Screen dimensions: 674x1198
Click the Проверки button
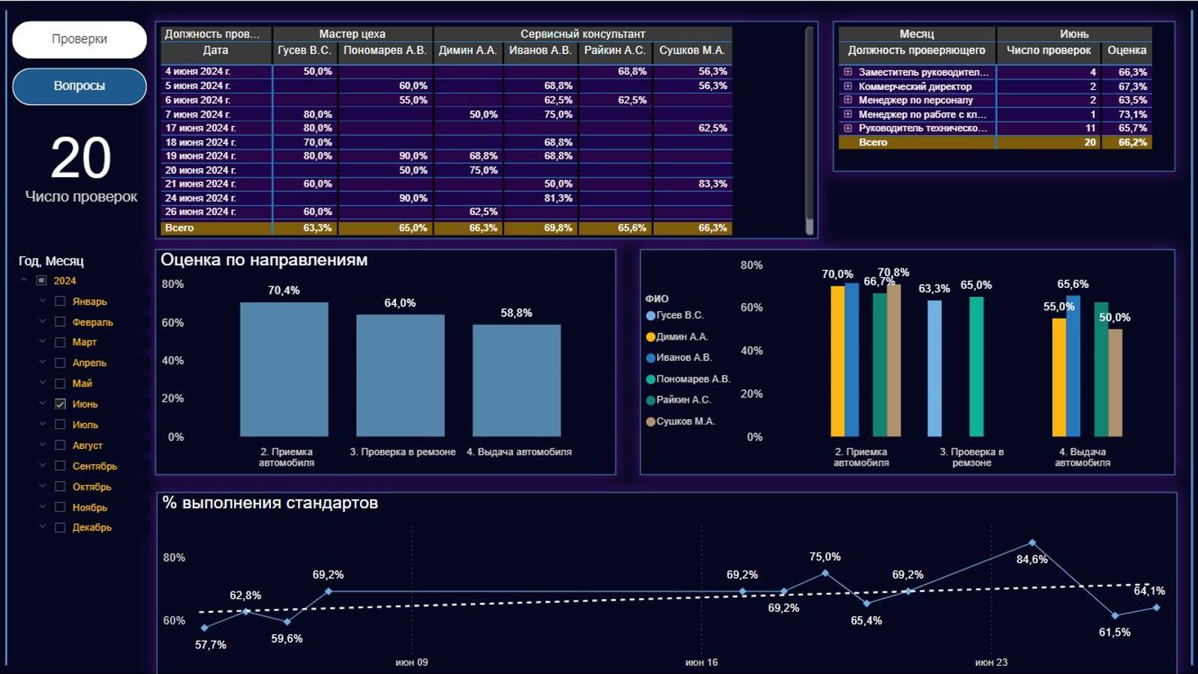(80, 39)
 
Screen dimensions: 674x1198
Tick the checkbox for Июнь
(61, 404)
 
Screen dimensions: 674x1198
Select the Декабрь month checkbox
(61, 528)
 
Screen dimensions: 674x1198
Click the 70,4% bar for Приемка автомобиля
(284, 369)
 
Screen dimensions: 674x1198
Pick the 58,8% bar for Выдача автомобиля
(516, 380)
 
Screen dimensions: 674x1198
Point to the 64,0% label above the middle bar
(400, 303)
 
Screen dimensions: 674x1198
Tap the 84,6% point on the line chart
(1032, 542)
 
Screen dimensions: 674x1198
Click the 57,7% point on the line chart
(205, 628)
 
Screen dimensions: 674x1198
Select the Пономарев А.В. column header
(385, 50)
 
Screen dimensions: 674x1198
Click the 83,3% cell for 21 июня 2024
(711, 184)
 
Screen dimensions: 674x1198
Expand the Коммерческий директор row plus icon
(848, 86)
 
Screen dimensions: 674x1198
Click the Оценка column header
(1126, 50)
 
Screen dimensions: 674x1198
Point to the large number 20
(80, 158)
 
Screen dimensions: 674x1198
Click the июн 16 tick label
(701, 662)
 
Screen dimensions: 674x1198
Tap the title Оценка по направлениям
(264, 260)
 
